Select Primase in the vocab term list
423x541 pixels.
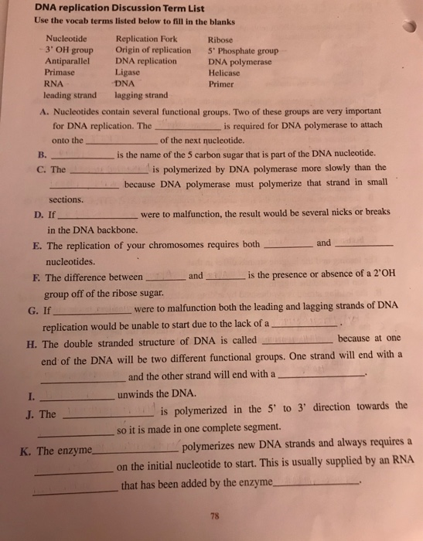click(63, 73)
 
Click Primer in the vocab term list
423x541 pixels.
click(222, 85)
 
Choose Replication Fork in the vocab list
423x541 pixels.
click(145, 37)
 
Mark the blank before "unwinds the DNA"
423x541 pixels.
click(77, 396)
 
